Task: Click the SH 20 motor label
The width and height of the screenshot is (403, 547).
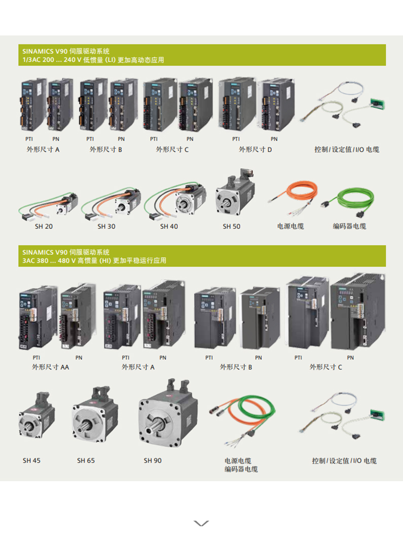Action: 44,226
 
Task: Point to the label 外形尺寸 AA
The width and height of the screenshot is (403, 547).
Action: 51,367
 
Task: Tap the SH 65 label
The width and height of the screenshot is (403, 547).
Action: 86,460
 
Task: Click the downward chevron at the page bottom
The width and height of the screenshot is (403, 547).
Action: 201,523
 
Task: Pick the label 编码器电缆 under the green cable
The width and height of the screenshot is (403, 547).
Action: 349,226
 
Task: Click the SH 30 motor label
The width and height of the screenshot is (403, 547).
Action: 106,226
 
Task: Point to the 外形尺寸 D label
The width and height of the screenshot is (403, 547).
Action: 255,149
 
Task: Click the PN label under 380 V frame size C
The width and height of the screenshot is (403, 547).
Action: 350,358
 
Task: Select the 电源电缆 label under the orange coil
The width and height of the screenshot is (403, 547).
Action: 290,226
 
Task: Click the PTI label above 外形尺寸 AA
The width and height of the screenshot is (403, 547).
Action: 36,358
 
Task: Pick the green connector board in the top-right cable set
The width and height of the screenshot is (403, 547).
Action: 377,104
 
